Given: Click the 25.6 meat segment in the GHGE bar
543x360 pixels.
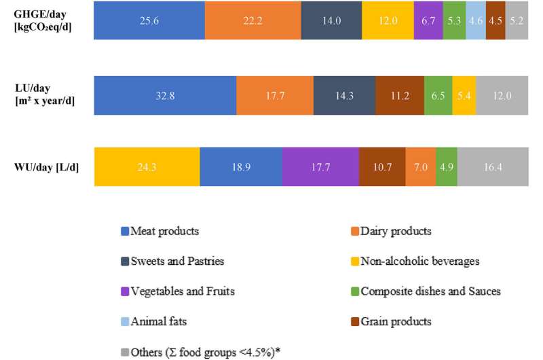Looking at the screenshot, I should (149, 20).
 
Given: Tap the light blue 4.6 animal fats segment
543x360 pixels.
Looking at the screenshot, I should (475, 20).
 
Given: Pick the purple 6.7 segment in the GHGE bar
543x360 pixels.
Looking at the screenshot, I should (428, 20).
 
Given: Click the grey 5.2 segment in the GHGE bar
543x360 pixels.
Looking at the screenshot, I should (516, 20).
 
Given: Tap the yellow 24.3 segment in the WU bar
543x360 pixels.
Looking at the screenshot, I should (147, 166).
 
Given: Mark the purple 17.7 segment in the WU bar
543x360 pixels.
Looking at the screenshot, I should (320, 166).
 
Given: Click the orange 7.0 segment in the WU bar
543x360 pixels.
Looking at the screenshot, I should (420, 166).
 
